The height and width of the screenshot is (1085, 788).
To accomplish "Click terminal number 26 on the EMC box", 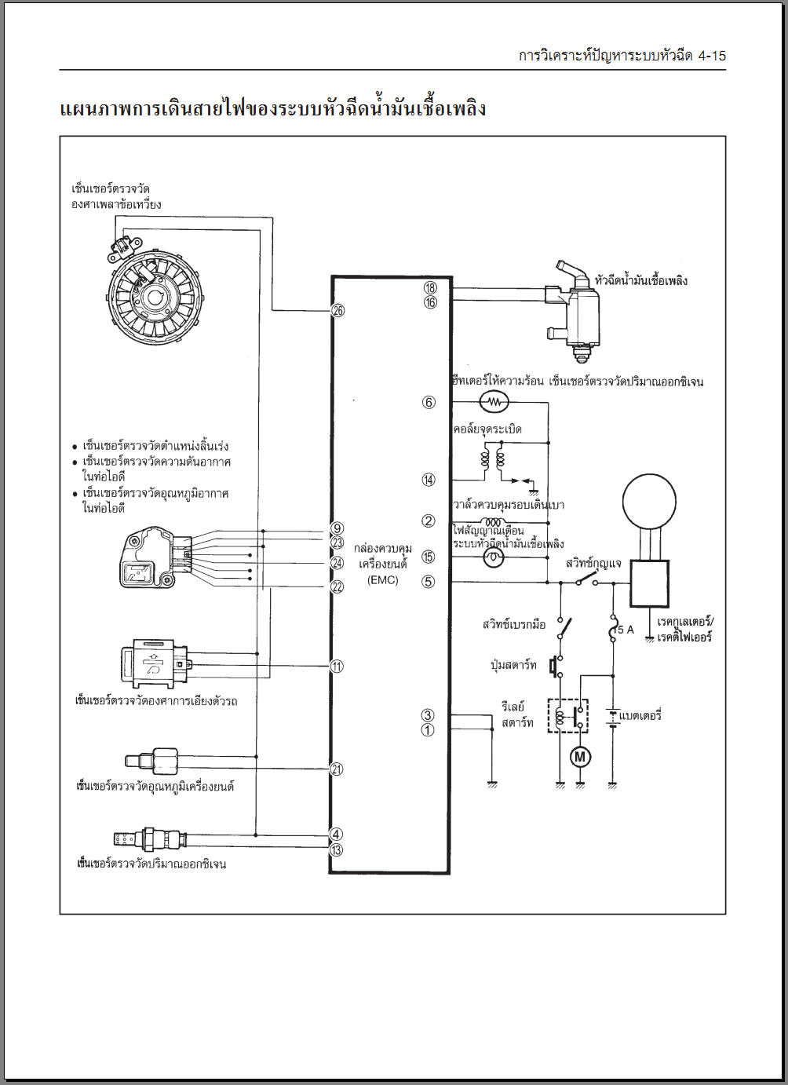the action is coord(338,310).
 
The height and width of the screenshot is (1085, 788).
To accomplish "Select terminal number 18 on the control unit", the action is coord(430,287).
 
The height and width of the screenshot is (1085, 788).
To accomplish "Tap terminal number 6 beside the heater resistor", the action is coord(429,402).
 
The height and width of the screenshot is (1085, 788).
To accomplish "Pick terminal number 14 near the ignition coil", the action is coord(429,480).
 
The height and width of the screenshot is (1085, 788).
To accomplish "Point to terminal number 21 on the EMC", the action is coord(337,769).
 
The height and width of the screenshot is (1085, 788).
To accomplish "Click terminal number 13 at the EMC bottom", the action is coord(336,849).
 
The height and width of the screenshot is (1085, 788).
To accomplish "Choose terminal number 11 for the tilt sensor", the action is coord(337,666).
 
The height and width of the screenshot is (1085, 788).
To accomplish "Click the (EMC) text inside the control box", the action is coord(382,580).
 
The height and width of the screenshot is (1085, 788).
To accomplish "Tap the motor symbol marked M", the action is coord(580,756).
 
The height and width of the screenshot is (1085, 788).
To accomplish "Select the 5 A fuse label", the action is coord(626,630).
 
